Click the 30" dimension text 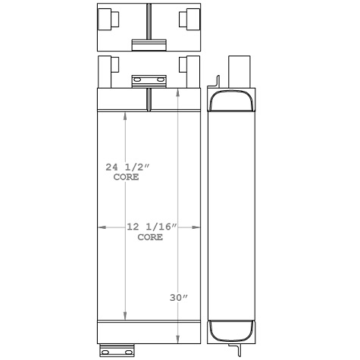pyautogui.click(x=179, y=297)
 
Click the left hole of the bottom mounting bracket pyautogui.click(x=107, y=351)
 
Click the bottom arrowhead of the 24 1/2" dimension pyautogui.click(x=126, y=315)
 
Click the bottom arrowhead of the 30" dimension pyautogui.click(x=178, y=338)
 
